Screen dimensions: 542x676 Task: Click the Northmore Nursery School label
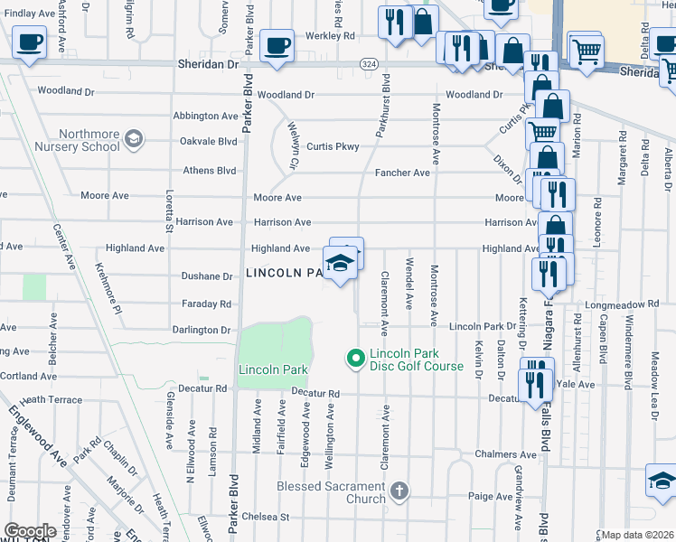[x=76, y=139]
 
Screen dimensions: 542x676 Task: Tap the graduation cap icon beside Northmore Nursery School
[x=134, y=138]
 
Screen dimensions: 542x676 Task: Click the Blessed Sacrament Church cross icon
[x=399, y=491]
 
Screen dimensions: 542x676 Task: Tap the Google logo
[x=30, y=531]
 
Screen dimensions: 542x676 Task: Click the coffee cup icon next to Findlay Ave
[x=29, y=42]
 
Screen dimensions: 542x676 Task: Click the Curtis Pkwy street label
[x=333, y=146]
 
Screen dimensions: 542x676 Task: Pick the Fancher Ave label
[x=403, y=173]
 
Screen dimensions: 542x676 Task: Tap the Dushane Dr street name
[x=209, y=276]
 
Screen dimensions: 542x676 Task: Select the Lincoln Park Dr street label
[x=483, y=326]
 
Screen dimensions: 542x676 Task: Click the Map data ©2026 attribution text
[x=637, y=535]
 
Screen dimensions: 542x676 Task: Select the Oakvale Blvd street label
[x=209, y=141]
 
